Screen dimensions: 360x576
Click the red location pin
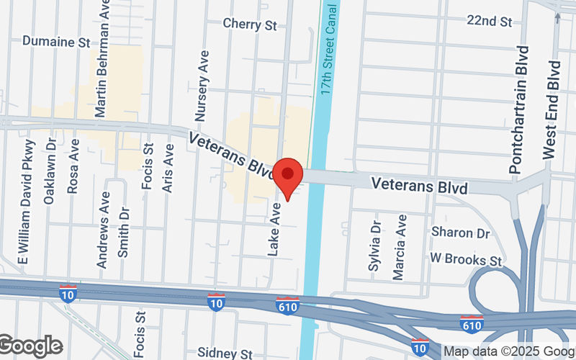point(288,177)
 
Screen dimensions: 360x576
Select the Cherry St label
point(250,24)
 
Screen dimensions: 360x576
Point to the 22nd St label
point(489,20)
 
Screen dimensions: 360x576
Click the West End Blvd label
point(552,109)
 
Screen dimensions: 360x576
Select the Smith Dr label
point(124,232)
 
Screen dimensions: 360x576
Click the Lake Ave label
point(274,229)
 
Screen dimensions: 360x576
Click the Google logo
point(30,346)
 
